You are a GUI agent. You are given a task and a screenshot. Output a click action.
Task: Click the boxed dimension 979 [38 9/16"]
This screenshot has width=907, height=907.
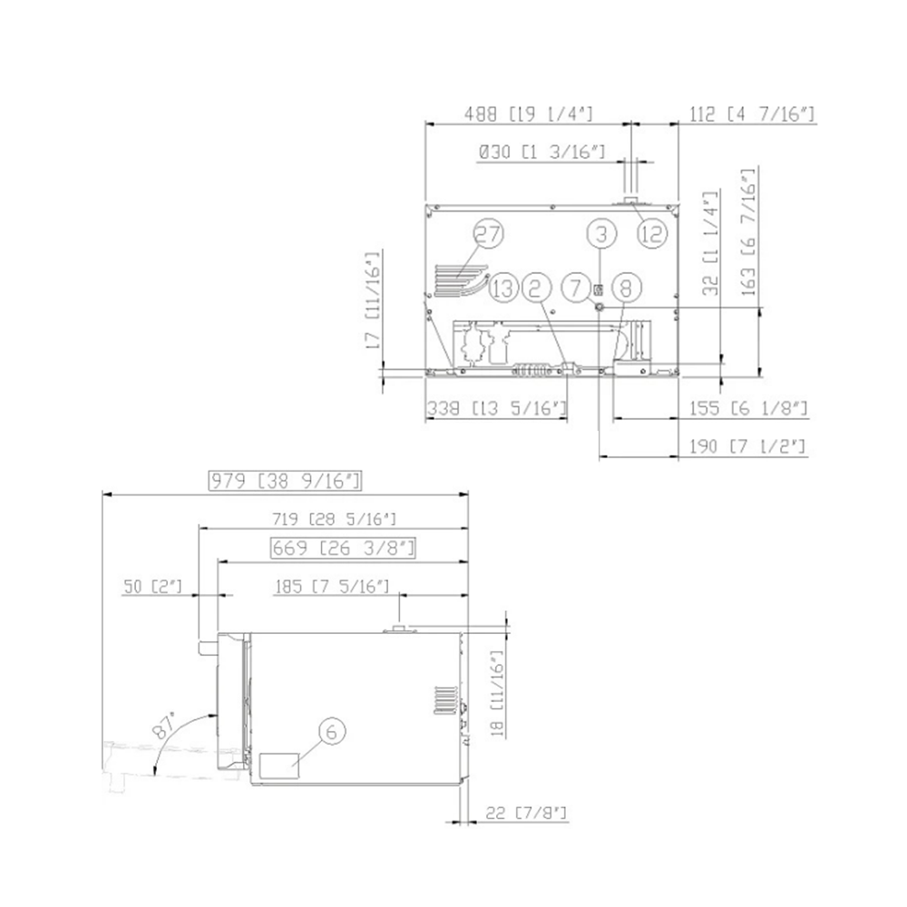(285, 481)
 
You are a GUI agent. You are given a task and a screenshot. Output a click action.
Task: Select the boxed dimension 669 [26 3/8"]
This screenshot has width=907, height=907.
(343, 548)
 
